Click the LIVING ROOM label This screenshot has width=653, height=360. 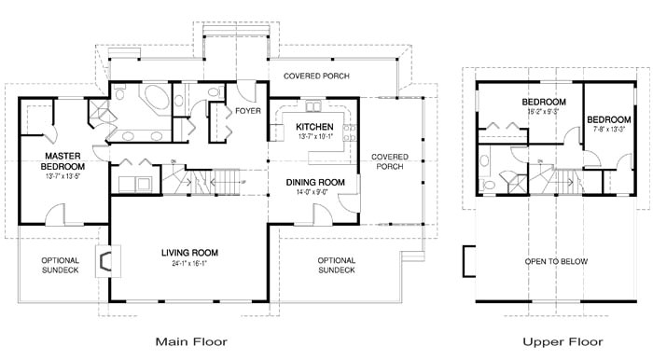(189, 252)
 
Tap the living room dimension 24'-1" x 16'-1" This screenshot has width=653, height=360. (189, 264)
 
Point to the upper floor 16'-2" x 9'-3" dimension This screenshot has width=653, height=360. (529, 111)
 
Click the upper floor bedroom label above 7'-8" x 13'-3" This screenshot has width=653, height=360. (606, 119)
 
